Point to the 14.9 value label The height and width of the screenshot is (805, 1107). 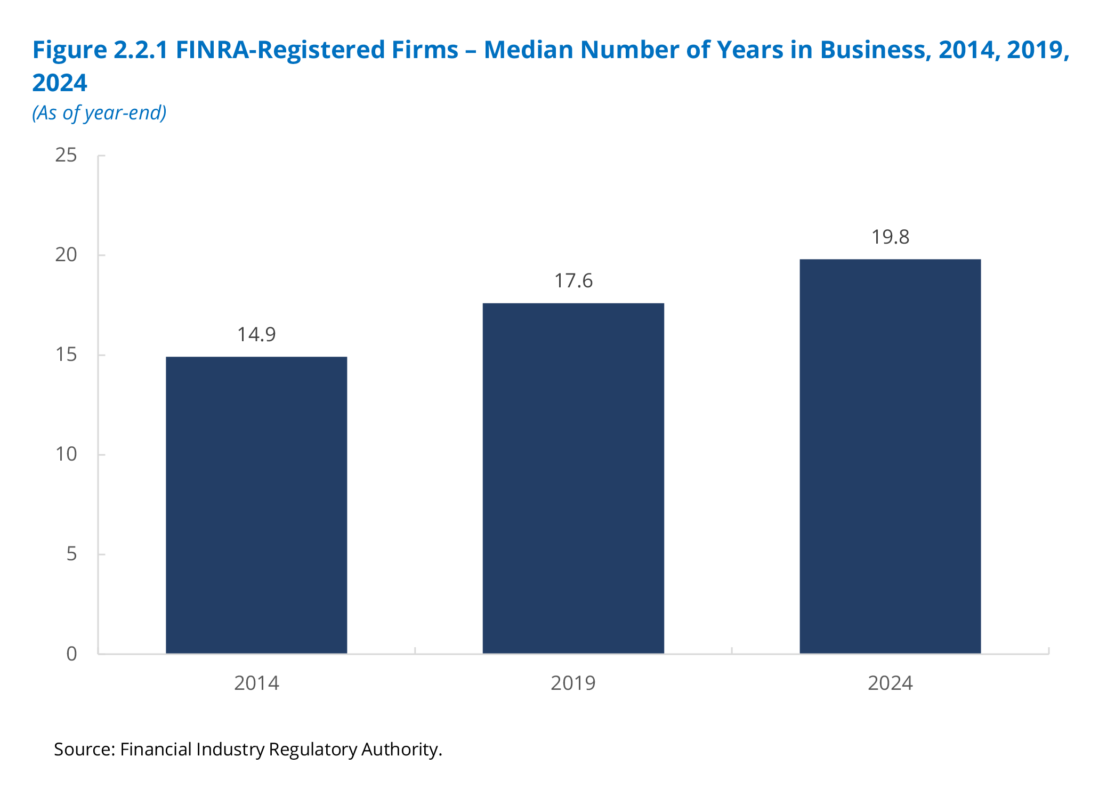(256, 335)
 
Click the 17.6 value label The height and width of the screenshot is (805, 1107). (573, 281)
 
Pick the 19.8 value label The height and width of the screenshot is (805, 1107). (890, 237)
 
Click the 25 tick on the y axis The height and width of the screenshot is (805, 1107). (66, 156)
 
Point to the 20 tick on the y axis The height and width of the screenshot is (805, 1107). (66, 255)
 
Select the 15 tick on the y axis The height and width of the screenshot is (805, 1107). (66, 355)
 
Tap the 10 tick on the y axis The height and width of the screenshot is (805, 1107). (66, 455)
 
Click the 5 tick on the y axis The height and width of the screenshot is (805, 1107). (71, 554)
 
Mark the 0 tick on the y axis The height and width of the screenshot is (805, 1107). (71, 654)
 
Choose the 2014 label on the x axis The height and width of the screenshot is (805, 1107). (256, 683)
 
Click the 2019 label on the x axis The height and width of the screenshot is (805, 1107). (573, 683)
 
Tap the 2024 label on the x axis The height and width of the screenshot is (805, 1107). (890, 683)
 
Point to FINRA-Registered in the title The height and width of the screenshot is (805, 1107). (317, 50)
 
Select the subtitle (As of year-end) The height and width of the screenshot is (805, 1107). (99, 113)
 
